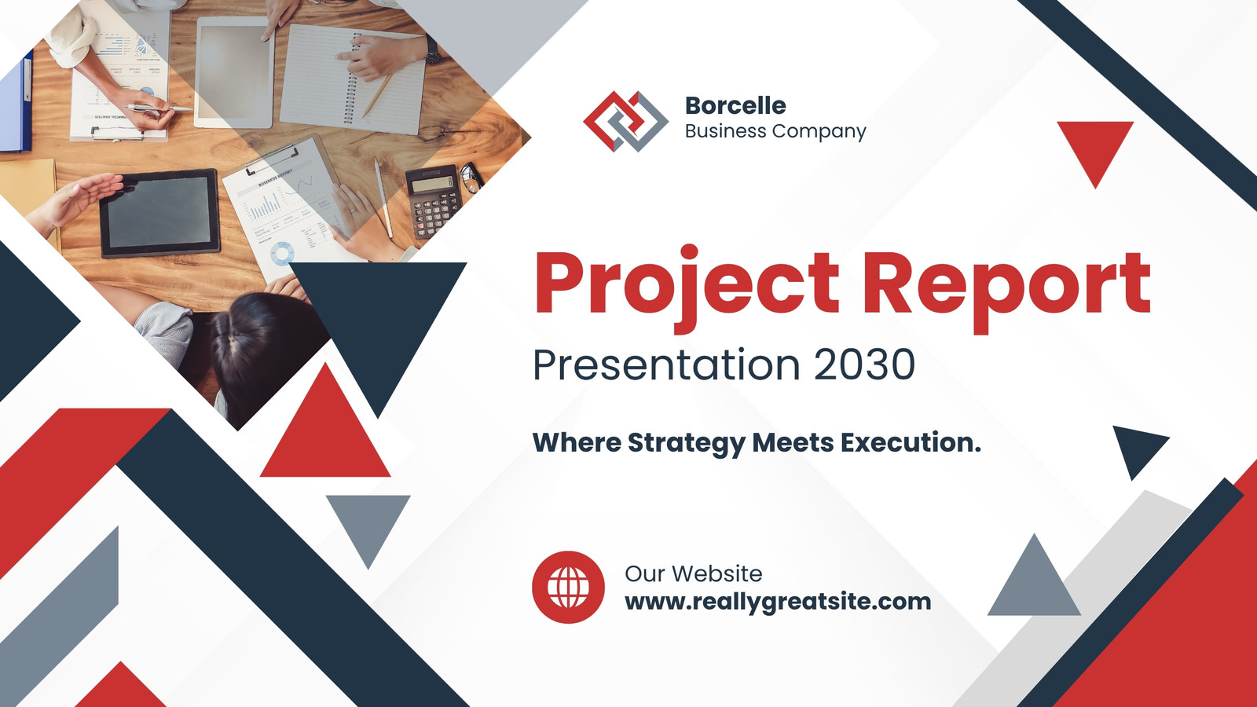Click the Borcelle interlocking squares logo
[x=625, y=121]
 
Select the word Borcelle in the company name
[x=735, y=105]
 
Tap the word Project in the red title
[x=687, y=285]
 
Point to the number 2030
[x=865, y=364]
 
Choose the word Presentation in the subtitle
[x=666, y=364]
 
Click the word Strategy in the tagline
[x=687, y=443]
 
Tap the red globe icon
[x=569, y=587]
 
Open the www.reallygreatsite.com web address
[x=778, y=602]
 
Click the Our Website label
[x=694, y=573]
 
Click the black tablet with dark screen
[x=160, y=213]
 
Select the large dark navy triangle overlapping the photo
[x=378, y=325]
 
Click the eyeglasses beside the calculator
[x=471, y=178]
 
